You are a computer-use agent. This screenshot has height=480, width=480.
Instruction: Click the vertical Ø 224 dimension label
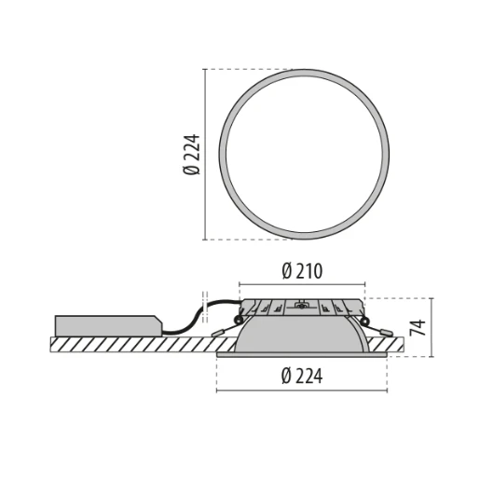pos(192,155)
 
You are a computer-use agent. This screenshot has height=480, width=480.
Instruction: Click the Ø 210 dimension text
pos(302,271)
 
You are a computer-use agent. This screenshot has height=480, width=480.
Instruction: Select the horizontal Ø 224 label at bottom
pos(302,377)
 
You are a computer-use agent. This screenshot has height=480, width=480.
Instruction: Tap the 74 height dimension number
pos(420,326)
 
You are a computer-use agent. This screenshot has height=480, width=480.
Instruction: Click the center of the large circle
pos(302,155)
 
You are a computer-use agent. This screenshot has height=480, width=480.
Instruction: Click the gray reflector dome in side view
pos(302,336)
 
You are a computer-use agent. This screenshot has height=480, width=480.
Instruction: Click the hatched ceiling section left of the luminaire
pos(130,344)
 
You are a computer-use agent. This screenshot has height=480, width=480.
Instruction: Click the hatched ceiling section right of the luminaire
pos(395,344)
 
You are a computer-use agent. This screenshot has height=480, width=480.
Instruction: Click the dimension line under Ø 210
pos(302,284)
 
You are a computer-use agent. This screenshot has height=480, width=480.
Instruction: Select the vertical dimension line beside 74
pos(432,326)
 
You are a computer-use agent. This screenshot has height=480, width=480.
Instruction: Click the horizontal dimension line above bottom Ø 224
pos(302,390)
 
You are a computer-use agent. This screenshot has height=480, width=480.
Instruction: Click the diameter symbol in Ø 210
pos(286,271)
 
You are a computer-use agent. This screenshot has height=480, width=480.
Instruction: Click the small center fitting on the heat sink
pos(302,305)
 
